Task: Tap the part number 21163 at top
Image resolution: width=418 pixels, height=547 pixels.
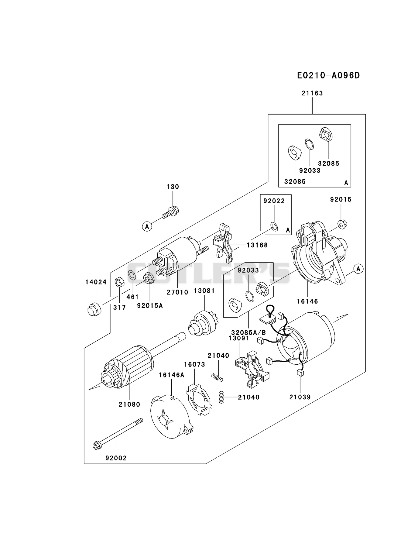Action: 312,93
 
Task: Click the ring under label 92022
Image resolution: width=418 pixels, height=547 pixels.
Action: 274,226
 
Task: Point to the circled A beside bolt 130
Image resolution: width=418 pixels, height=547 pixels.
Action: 147,226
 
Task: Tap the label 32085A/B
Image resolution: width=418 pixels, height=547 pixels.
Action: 248,333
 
